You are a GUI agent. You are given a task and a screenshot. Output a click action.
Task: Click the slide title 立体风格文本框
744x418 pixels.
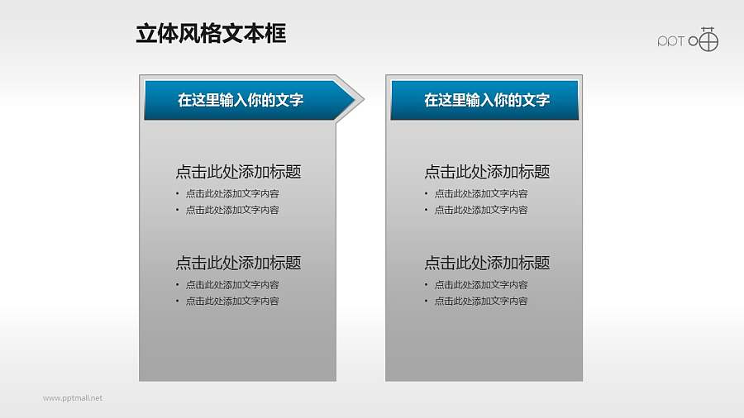point(211,33)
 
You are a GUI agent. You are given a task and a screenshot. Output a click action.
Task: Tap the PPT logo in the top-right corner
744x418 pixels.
point(688,39)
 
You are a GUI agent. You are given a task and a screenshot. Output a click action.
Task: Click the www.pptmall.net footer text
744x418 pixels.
point(73,398)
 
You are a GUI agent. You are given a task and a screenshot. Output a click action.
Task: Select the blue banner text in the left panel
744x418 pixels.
point(241,100)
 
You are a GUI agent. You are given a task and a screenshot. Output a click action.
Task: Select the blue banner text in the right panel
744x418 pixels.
point(487,100)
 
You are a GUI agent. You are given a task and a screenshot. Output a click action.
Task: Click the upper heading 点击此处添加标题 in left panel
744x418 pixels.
point(238,172)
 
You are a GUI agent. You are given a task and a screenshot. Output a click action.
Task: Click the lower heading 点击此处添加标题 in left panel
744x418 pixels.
point(238,263)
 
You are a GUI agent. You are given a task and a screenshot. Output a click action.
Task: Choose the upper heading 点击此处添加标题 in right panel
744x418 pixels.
point(487,172)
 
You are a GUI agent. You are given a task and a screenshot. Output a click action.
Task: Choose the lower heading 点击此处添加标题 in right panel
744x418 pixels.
point(487,263)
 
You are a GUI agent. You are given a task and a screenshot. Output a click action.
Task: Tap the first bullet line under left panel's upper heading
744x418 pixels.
point(232,193)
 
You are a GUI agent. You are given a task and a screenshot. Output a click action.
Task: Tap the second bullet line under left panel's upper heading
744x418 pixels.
point(232,210)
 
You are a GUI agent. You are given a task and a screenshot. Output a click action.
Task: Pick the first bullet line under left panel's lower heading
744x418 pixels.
point(232,284)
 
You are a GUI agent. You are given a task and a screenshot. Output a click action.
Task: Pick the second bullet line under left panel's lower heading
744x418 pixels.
point(232,301)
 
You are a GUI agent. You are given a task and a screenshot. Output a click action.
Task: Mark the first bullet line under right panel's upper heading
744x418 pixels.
point(481,193)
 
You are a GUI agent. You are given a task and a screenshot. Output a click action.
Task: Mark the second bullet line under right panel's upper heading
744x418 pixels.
point(481,210)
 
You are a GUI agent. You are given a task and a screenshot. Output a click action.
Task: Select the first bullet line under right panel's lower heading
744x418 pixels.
point(481,284)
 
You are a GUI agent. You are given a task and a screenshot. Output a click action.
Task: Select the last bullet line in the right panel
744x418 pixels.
point(481,301)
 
